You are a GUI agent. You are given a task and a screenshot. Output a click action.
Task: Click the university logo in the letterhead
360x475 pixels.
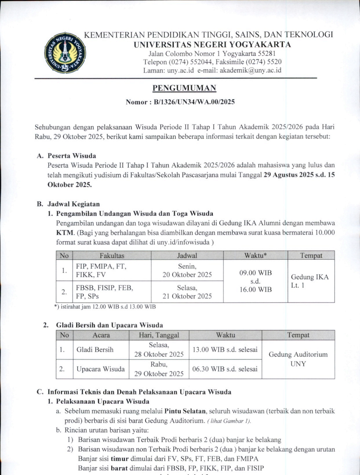65,53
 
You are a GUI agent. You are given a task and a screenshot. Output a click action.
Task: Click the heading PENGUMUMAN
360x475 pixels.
184,88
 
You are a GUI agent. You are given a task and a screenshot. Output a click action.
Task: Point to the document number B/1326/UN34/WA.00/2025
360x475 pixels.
194,102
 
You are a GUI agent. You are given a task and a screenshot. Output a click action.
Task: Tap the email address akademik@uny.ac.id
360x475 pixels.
250,70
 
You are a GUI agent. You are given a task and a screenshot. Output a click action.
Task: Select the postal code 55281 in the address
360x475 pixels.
266,54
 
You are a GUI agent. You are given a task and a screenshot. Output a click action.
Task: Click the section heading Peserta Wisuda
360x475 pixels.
72,156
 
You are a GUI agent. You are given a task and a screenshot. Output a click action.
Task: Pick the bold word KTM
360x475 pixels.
65,233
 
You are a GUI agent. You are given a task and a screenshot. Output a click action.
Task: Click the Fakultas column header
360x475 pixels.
112,255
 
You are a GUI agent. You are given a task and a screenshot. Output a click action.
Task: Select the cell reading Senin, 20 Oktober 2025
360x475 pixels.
187,270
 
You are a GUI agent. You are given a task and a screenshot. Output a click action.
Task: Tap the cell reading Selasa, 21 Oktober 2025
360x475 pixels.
187,292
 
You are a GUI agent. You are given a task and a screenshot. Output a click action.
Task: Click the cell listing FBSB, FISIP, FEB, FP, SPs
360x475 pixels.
104,292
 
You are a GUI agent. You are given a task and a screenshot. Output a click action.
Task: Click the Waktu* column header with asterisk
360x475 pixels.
255,255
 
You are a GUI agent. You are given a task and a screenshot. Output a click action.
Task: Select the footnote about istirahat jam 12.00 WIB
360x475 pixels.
105,307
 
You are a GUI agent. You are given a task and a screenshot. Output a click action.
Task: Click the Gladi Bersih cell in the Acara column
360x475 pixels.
95,350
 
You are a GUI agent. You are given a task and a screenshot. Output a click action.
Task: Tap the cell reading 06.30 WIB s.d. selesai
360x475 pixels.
225,369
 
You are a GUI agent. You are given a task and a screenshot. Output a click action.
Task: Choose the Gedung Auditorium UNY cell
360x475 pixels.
298,359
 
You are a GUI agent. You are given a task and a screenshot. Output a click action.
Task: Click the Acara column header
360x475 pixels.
101,335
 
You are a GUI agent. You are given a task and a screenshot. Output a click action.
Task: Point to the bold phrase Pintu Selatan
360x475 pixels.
185,411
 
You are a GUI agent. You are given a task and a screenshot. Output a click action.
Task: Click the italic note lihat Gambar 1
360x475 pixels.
229,421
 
